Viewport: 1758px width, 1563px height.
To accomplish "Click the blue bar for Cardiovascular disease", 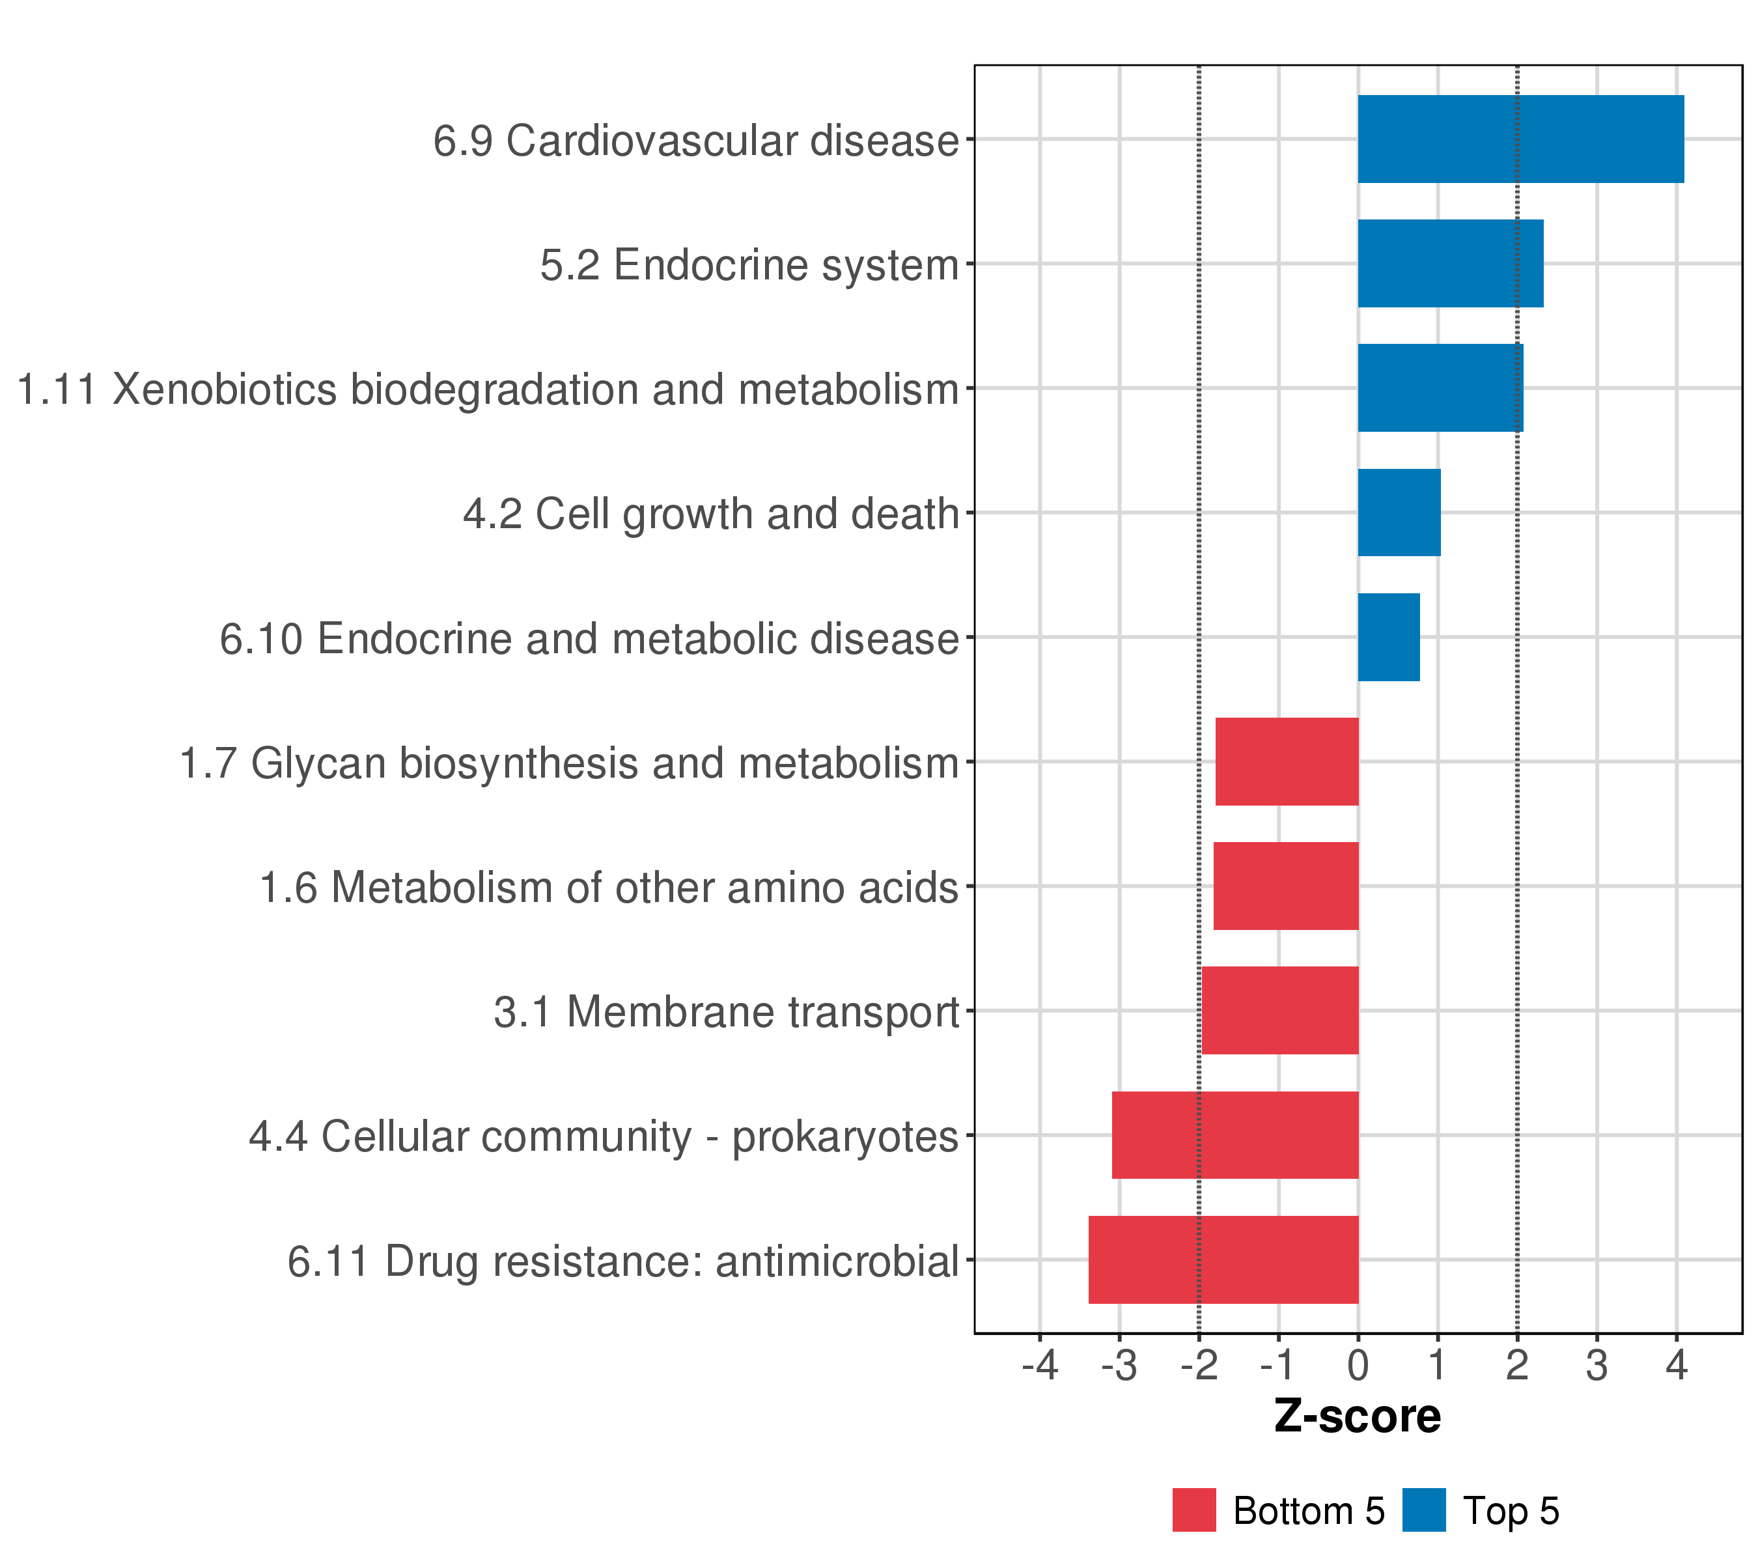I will pos(1520,139).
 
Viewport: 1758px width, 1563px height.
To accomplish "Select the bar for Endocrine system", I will pos(1450,263).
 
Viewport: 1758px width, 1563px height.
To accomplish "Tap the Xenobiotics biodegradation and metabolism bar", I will pos(1440,388).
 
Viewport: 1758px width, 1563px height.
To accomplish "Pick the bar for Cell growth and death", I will pos(1399,513).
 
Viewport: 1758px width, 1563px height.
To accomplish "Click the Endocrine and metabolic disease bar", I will pos(1388,638).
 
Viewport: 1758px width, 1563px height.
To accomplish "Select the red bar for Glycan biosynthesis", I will pos(1287,761).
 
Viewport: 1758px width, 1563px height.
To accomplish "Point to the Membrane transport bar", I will pos(1280,1011).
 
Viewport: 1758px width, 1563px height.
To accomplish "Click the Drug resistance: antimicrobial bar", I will pos(1223,1260).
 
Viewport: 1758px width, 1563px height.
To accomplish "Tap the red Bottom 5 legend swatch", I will pos(1193,1510).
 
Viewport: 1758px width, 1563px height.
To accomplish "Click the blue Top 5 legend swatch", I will pos(1424,1510).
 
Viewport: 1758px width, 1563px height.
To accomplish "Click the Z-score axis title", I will pos(1357,1416).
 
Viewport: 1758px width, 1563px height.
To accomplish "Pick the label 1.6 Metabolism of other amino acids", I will pos(608,888).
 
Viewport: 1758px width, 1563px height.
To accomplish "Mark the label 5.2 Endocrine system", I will pos(748,265).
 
